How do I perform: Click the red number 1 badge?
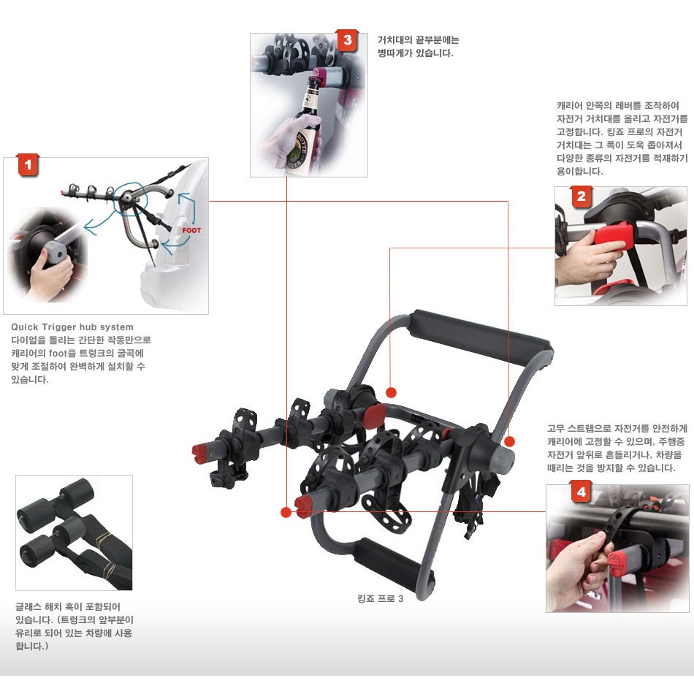click(28, 165)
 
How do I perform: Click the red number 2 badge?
click(581, 197)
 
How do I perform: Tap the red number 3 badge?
click(347, 40)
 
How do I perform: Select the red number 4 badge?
click(581, 492)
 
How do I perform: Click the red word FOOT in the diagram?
click(191, 230)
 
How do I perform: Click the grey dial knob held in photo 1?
click(55, 252)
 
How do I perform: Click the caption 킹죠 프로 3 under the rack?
click(380, 598)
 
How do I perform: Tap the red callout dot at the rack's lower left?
click(286, 512)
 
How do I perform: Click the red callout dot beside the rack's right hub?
click(509, 441)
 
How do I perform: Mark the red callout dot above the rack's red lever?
click(391, 392)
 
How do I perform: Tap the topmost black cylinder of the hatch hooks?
click(79, 491)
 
